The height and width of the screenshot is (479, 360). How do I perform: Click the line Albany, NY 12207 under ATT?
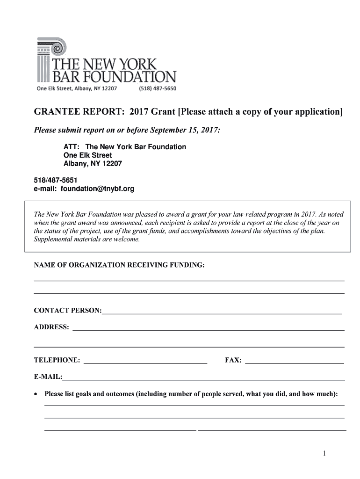coord(93,164)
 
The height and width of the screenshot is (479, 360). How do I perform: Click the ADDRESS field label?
coord(51,327)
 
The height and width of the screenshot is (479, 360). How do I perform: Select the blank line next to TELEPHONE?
coord(145,360)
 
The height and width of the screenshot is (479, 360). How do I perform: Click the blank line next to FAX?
coord(295,360)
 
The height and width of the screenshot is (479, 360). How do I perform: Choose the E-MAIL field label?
coord(48,377)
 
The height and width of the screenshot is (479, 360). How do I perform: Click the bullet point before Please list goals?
coord(36,394)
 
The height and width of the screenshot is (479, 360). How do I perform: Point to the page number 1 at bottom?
coord(324,453)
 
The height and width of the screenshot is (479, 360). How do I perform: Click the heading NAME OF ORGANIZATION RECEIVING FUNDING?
coord(119,265)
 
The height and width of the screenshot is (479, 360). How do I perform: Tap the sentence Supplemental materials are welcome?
coord(87,239)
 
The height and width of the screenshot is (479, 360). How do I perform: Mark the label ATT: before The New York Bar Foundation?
coord(71,147)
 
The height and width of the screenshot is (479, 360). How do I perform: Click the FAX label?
coord(233,360)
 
